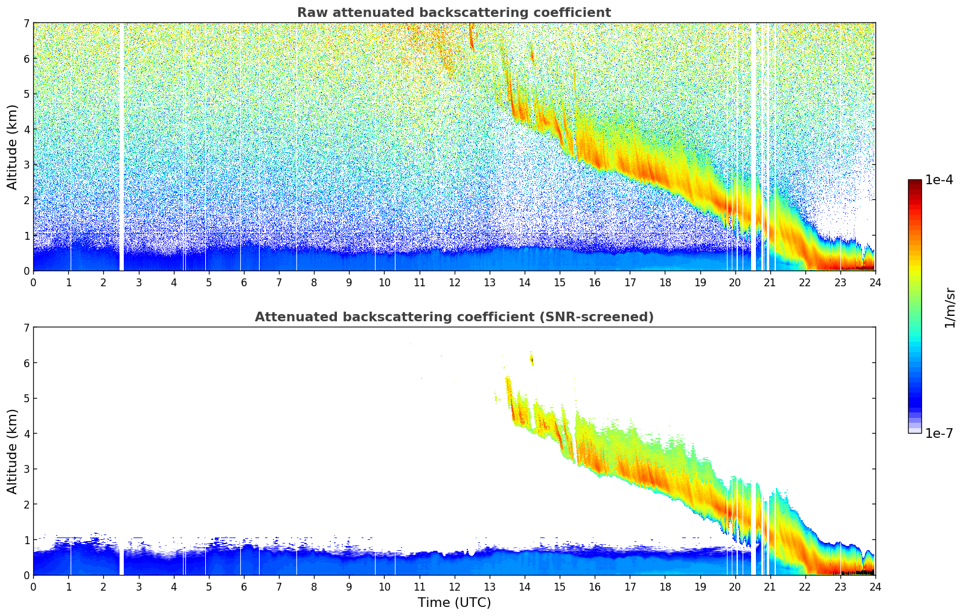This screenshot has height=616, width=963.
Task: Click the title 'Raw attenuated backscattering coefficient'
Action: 453,13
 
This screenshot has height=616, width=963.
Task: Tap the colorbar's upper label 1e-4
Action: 939,180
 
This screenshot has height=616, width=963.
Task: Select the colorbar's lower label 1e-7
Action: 939,433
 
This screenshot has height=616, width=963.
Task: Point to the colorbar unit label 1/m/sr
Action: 950,307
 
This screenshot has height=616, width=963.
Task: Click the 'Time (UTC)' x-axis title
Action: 454,602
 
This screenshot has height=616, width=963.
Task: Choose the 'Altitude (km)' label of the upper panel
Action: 13,147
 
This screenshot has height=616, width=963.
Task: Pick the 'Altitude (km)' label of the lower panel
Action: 13,451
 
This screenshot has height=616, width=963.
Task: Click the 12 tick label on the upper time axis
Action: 454,282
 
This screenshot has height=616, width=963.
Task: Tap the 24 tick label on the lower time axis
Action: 875,586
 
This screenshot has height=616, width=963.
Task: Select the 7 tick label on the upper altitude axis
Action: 26,24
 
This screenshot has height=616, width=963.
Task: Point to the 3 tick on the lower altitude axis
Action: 26,469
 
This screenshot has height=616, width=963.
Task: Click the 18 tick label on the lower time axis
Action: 665,586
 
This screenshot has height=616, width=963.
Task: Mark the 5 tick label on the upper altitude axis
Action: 26,94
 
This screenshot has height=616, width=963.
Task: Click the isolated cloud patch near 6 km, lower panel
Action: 532,360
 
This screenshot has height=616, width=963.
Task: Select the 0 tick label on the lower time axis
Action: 33,586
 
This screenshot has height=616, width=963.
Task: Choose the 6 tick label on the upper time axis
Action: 244,282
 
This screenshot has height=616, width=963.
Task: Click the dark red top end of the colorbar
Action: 914,182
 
